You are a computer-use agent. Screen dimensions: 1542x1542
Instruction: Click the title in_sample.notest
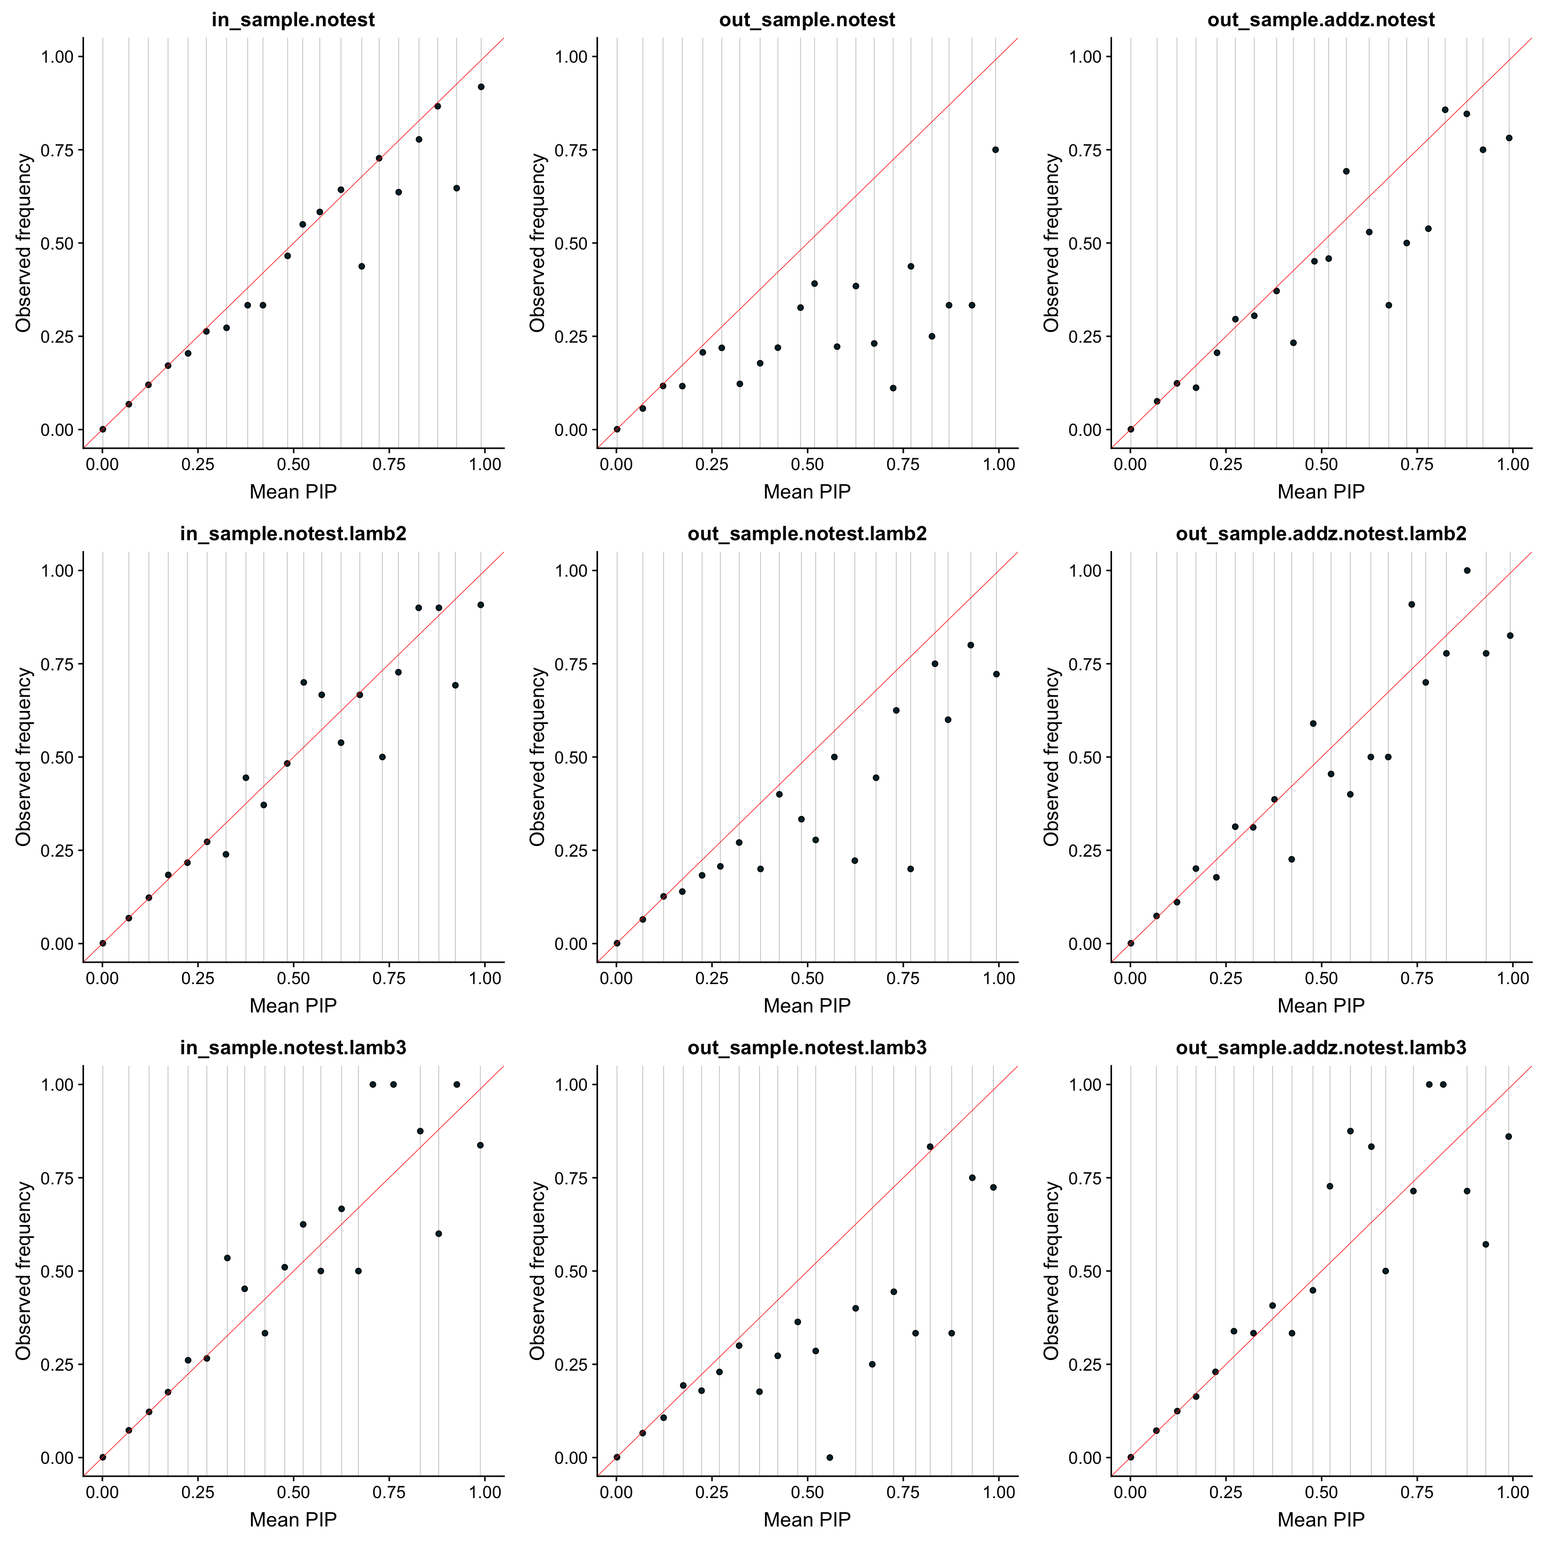click(x=293, y=20)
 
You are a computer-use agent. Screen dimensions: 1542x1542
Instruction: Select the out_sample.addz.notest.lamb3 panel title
click(x=1321, y=1048)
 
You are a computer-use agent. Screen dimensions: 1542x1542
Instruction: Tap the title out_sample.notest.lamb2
click(x=807, y=534)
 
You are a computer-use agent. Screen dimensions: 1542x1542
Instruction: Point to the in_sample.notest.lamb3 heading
click(x=293, y=1048)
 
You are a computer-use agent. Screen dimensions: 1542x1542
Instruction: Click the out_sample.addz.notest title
click(x=1321, y=20)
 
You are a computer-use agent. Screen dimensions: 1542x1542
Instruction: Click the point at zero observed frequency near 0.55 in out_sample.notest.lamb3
click(x=829, y=1457)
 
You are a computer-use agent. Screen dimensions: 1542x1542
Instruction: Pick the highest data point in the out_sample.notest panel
click(x=995, y=150)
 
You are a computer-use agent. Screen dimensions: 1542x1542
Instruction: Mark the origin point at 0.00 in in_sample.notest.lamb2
click(x=102, y=943)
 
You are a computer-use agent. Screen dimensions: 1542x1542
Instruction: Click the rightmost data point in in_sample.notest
click(x=480, y=87)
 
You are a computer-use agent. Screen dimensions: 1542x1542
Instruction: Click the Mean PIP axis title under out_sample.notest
click(x=807, y=492)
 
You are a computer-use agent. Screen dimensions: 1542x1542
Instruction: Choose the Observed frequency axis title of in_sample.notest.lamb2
click(x=24, y=757)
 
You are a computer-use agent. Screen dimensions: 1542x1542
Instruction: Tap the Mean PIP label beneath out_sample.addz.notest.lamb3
click(x=1321, y=1520)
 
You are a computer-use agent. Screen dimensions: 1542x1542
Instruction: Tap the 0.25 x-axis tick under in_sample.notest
click(x=198, y=465)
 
